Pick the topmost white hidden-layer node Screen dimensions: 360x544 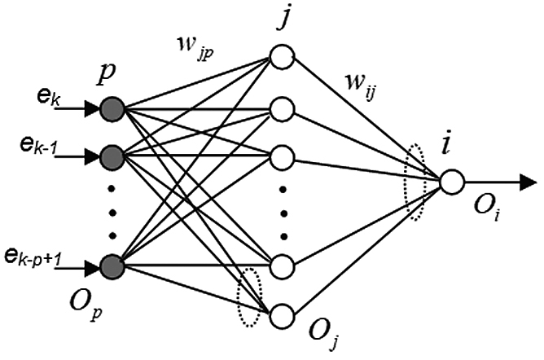[x=282, y=59]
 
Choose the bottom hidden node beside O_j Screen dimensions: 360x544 [x=282, y=314]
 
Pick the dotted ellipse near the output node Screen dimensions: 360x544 [x=415, y=184]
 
